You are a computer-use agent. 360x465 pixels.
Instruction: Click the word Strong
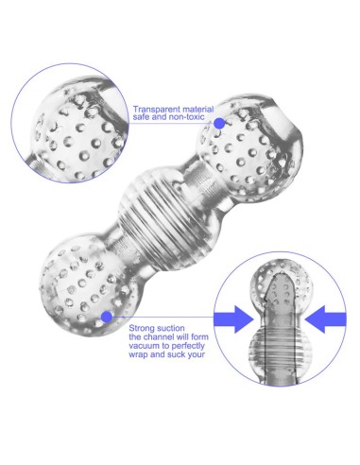[142, 329]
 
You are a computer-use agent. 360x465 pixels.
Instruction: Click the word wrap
[138, 354]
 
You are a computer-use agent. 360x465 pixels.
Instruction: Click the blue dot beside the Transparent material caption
[219, 124]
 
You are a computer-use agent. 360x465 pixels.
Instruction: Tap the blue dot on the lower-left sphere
[107, 317]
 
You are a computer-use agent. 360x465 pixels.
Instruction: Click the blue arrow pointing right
[233, 319]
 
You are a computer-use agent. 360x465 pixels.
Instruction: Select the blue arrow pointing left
[325, 319]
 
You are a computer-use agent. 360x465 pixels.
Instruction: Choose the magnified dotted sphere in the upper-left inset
[78, 129]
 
